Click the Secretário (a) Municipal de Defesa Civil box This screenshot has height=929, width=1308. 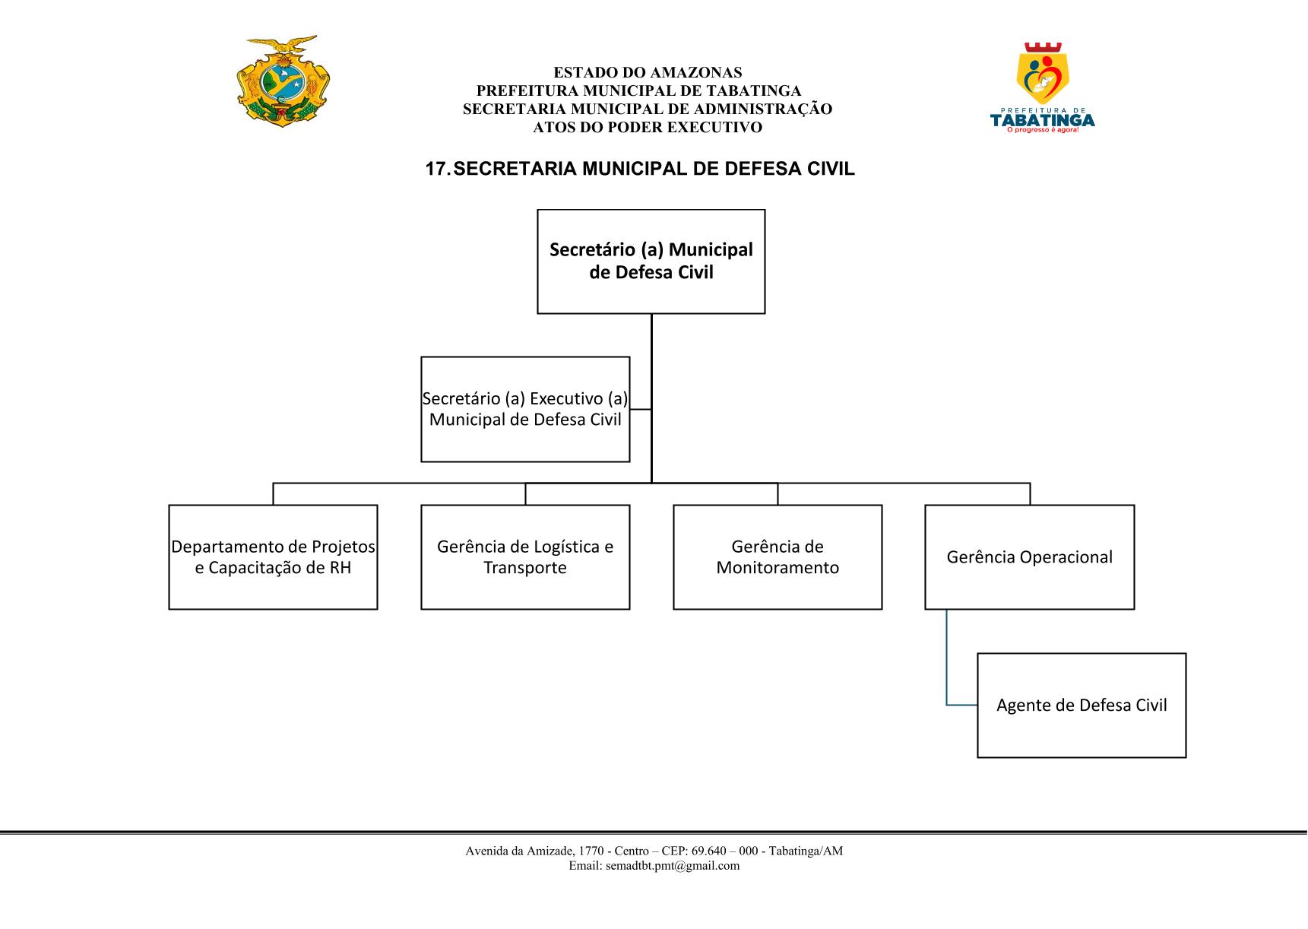(651, 262)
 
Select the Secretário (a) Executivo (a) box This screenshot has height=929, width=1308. (525, 409)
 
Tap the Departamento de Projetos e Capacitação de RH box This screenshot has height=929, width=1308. (273, 557)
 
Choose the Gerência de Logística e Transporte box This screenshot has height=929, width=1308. (525, 557)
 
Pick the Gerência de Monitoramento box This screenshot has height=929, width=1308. (778, 557)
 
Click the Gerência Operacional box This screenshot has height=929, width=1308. (1029, 557)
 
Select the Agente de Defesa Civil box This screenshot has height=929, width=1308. (1082, 705)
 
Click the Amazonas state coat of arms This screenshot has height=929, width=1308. (283, 81)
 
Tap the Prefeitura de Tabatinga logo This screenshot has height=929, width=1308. (1043, 88)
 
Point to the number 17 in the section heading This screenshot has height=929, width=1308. (436, 169)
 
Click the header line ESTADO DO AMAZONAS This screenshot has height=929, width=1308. (648, 73)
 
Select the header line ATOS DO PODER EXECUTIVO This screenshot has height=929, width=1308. (648, 128)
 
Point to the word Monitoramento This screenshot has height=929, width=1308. (778, 568)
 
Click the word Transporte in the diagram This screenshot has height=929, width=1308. (525, 569)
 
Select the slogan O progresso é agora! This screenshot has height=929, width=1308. (1043, 130)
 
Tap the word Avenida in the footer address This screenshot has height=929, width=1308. (483, 851)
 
